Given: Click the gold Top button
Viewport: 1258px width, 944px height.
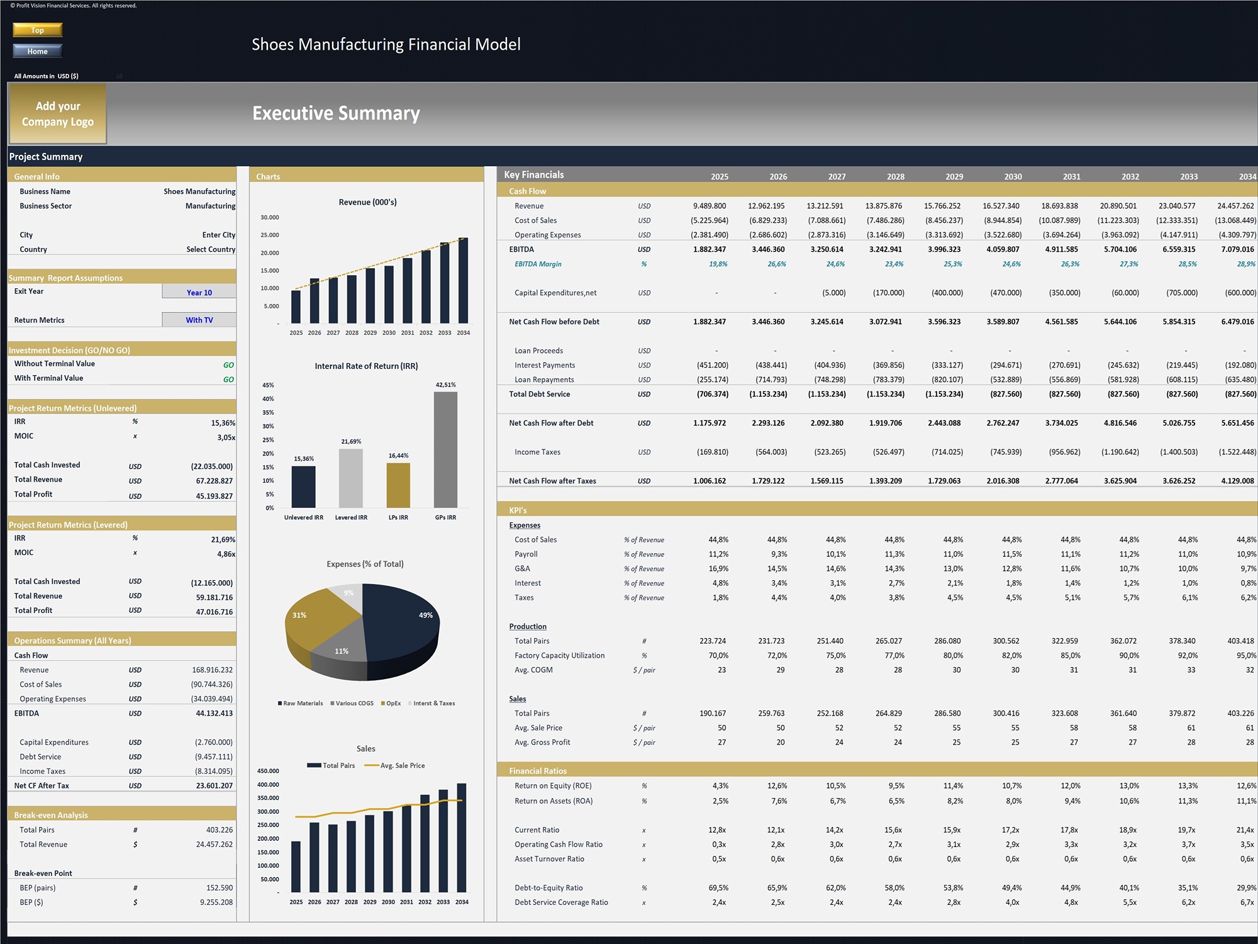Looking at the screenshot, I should pyautogui.click(x=38, y=30).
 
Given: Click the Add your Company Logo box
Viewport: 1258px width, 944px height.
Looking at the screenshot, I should pyautogui.click(x=57, y=114).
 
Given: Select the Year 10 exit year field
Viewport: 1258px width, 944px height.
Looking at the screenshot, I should pyautogui.click(x=199, y=292).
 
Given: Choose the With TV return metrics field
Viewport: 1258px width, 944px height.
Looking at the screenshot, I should pyautogui.click(x=199, y=320).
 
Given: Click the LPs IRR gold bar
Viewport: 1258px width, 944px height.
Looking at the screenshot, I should pyautogui.click(x=398, y=485).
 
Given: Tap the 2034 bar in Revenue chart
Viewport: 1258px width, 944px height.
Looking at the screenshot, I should pyautogui.click(x=463, y=283).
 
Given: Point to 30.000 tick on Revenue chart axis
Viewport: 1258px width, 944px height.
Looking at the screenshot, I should pyautogui.click(x=270, y=217).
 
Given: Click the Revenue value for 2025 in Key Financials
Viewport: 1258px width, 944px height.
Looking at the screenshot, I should pyautogui.click(x=710, y=206).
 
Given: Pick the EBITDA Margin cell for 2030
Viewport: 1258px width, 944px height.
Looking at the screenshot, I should pyautogui.click(x=1011, y=264).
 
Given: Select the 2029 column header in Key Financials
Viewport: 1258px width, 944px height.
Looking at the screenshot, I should pyautogui.click(x=954, y=176).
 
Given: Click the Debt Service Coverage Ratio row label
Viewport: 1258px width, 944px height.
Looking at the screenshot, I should pyautogui.click(x=561, y=902).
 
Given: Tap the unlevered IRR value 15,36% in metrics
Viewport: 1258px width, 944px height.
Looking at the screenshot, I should pyautogui.click(x=223, y=423).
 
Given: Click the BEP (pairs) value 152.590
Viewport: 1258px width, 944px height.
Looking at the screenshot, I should pyautogui.click(x=219, y=887).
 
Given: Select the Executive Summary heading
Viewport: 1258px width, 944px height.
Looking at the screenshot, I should pyautogui.click(x=336, y=113).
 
